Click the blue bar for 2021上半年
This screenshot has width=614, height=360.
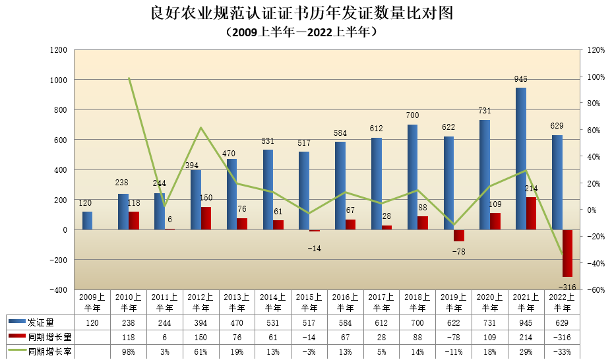pos(521,158)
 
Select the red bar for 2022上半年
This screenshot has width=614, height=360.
pos(567,253)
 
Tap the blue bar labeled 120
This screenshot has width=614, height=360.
pos(87,221)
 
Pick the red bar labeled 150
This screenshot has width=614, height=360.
pos(206,218)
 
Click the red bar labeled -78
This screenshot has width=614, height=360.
pos(459,235)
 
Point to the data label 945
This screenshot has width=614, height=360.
pos(521,79)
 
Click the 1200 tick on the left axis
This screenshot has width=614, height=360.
pos(59,50)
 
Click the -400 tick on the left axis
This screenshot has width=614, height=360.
pos(57,290)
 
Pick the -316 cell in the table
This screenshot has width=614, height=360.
pos(562,338)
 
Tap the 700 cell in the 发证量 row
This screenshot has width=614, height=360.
pos(417,322)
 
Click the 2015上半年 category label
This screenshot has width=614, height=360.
pos(309,302)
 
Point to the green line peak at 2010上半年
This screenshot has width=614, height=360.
pos(129,78)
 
